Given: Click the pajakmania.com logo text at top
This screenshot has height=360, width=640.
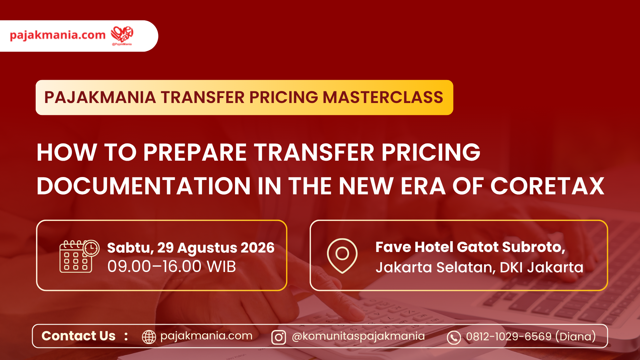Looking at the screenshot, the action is click(x=58, y=35).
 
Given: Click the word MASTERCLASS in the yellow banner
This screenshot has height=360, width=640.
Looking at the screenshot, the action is click(x=383, y=97).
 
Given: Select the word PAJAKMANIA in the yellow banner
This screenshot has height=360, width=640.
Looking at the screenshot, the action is click(x=100, y=97).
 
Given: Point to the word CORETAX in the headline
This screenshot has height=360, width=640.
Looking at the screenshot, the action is click(x=547, y=186).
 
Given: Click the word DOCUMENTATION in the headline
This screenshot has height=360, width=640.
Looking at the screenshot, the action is click(x=144, y=186).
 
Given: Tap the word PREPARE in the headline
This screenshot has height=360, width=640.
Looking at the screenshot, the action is click(x=195, y=152).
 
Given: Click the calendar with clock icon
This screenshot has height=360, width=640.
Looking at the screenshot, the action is click(x=79, y=256).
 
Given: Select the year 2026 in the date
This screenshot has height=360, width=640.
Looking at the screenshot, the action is click(x=257, y=248).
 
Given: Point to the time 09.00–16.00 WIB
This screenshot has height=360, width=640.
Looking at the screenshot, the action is click(x=172, y=266).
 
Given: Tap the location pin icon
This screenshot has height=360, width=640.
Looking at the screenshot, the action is click(x=342, y=256).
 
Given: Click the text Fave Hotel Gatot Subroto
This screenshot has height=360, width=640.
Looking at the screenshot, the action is click(x=470, y=247).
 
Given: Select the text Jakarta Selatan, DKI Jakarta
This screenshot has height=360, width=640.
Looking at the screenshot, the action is click(x=479, y=267).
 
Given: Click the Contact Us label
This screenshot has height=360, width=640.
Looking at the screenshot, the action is click(x=78, y=336).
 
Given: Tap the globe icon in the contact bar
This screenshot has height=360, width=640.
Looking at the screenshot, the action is click(x=149, y=337).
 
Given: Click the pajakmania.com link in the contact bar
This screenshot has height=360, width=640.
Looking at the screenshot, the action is click(x=206, y=336).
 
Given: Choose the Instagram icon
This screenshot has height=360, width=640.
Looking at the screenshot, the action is click(x=279, y=337).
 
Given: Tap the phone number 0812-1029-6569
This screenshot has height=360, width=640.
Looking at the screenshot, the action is click(x=509, y=336).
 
